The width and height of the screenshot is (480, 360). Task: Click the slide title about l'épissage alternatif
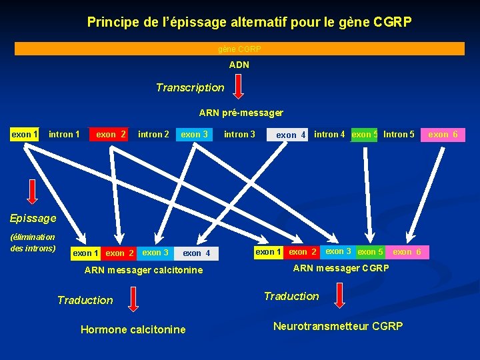pos(249,22)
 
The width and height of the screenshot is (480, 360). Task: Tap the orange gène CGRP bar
pos(239,49)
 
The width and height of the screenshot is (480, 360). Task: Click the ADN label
pos(239,65)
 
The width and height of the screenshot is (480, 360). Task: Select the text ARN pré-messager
pos(241,113)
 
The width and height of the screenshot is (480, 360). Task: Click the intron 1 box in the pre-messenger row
pos(64,135)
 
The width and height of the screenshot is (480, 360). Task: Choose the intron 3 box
pos(239,135)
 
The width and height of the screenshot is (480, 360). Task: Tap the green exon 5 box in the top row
pos(364,135)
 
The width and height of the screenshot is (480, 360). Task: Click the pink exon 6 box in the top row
pos(443,135)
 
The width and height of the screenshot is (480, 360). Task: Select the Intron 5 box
pos(399,135)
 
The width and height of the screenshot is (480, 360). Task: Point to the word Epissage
pos(33,218)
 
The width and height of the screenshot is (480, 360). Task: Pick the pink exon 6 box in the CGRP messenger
pos(407,252)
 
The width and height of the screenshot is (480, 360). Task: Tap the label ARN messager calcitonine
pos(143,270)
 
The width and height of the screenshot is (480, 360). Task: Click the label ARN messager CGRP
pos(341,268)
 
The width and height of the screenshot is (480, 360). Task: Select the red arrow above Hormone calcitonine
pos(133,299)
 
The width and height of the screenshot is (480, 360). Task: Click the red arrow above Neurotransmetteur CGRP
pos(339,295)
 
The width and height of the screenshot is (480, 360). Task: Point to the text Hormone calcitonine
pos(133,329)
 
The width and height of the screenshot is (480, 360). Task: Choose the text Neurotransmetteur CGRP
pos(338,327)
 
